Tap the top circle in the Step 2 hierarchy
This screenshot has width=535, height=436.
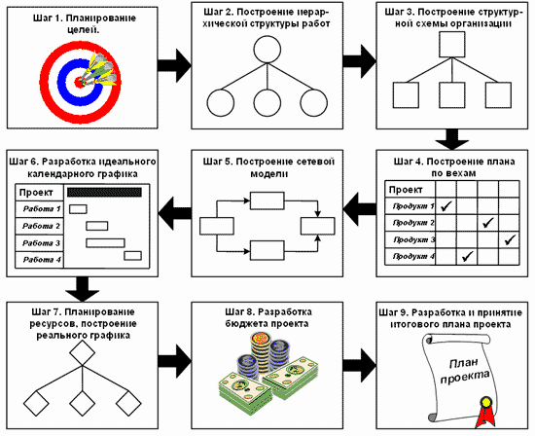click(x=267, y=50)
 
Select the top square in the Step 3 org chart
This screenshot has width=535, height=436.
click(x=452, y=45)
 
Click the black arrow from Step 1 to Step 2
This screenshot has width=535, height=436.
click(x=174, y=65)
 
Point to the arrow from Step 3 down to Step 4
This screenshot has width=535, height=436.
click(x=452, y=139)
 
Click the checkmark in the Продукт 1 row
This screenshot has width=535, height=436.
click(x=446, y=206)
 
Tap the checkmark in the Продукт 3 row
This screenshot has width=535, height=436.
click(x=510, y=239)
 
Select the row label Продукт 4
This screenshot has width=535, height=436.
click(x=413, y=256)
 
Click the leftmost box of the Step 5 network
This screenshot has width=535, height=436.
click(x=217, y=226)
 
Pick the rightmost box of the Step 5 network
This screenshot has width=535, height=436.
click(x=318, y=226)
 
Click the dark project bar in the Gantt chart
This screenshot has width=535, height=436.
click(x=104, y=193)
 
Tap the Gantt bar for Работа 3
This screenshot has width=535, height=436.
click(x=105, y=242)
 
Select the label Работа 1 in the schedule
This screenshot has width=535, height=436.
click(x=42, y=209)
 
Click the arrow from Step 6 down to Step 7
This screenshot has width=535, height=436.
click(x=83, y=289)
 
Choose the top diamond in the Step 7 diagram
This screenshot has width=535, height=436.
click(x=83, y=353)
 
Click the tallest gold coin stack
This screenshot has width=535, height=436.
click(x=261, y=352)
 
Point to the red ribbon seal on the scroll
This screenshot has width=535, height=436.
click(x=484, y=412)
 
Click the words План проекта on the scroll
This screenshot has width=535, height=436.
click(x=464, y=371)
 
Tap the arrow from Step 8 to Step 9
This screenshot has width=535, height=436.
click(x=360, y=365)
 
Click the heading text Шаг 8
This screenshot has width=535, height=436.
click(x=238, y=312)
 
